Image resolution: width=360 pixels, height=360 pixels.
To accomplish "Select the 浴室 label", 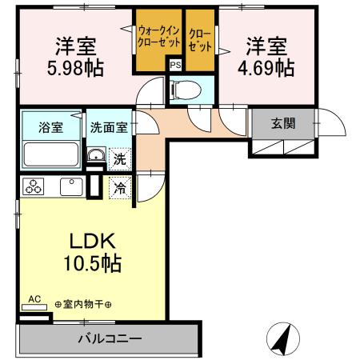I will point(50,125).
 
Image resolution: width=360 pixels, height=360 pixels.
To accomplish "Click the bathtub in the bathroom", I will point(50,153).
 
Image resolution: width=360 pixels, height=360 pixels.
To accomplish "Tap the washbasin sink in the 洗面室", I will point(95,156).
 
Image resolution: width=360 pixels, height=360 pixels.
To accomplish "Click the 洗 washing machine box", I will point(119,159).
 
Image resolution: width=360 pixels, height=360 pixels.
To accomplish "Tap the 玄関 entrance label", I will point(282,124).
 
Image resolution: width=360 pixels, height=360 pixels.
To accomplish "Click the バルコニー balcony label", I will point(110,338).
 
